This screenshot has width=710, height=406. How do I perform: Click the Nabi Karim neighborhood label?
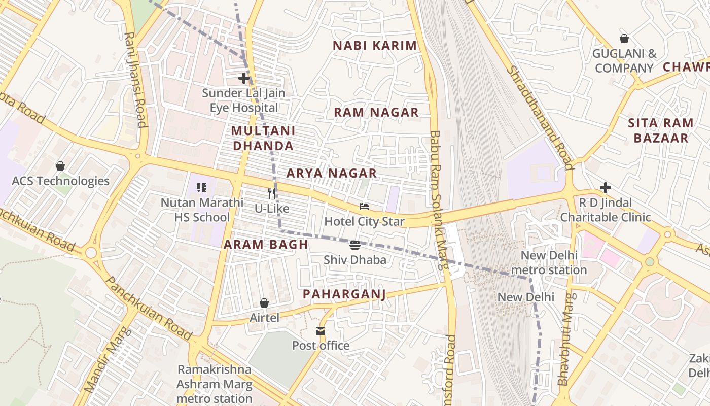coord(375,46)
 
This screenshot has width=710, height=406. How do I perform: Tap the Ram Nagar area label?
coord(376,113)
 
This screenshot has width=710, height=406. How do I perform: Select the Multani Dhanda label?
coord(263,139)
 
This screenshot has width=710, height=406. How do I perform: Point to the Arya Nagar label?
coord(332,174)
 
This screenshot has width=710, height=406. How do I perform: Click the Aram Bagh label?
coord(266,245)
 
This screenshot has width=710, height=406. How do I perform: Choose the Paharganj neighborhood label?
coord(344,294)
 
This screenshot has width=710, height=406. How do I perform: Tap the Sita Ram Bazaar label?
coord(661,130)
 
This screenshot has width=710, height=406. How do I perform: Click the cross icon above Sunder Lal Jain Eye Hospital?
coord(244,78)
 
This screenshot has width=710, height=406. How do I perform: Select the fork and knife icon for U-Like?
coord(272,193)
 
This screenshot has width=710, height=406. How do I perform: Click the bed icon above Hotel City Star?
coord(364,207)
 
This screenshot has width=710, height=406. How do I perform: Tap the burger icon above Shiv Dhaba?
coord(355,245)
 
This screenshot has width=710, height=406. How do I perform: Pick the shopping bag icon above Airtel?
coord(264,303)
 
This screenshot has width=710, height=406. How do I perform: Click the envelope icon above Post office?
coord(321,331)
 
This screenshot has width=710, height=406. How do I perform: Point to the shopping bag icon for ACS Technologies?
coord(60,166)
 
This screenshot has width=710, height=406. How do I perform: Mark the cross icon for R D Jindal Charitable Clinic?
coord(605,188)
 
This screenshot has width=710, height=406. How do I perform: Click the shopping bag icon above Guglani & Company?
coord(624,39)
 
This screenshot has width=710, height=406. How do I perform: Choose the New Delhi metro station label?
coord(549,262)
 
